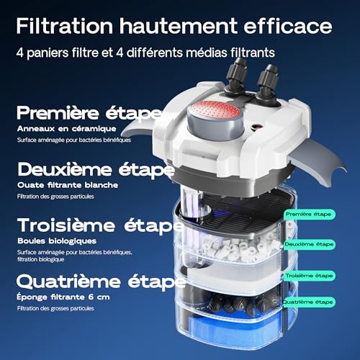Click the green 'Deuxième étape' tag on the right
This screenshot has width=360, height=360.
tap(309, 244)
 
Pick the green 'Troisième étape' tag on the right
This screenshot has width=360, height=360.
tap(309, 275)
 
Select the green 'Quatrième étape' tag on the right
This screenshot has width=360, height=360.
tap(309, 302)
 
